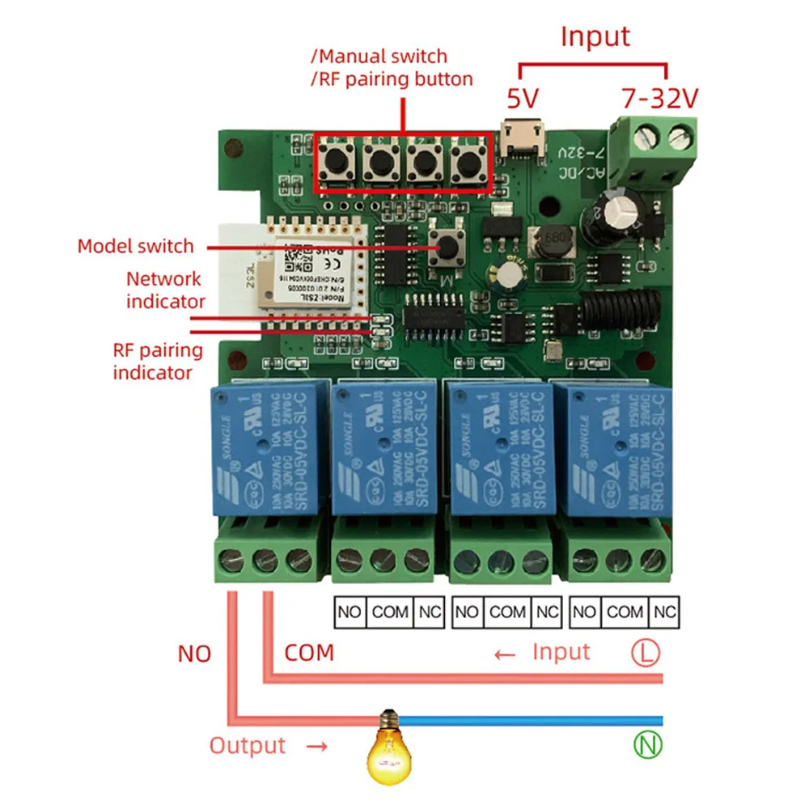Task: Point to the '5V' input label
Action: coord(523,99)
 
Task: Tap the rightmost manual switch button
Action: coord(467,162)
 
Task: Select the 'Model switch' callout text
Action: coord(135,246)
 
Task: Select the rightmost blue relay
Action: coord(618,449)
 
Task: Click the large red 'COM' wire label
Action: coord(309,653)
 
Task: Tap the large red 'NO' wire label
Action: coord(194,654)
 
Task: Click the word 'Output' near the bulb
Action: coord(248,745)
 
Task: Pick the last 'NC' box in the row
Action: coord(666,612)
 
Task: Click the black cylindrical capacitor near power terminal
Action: coord(618,217)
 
